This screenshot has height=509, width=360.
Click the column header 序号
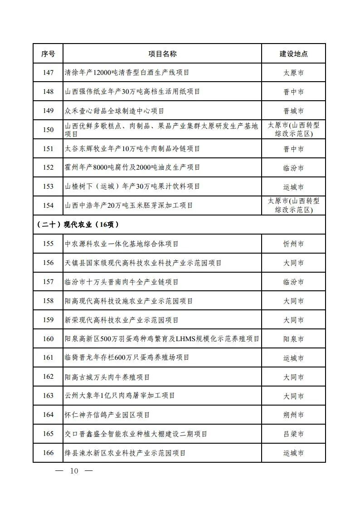(48, 54)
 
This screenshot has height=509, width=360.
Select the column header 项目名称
(162, 54)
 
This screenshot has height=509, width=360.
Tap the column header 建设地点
(293, 54)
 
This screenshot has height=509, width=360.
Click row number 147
(48, 73)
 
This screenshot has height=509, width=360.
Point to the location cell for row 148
(293, 92)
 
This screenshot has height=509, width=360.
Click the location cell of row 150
(293, 130)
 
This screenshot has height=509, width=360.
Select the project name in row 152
(132, 167)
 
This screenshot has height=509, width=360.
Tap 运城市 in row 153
(293, 186)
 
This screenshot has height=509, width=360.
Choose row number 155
(48, 244)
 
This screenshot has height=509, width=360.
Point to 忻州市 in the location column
(293, 244)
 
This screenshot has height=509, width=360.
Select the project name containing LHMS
(162, 339)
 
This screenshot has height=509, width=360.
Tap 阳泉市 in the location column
(293, 339)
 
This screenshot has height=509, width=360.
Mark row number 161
(48, 358)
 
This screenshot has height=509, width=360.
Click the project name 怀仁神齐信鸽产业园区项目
(107, 415)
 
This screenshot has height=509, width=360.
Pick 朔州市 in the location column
(293, 415)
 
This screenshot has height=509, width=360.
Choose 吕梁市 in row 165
(293, 434)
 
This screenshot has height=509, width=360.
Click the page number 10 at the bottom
(74, 471)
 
